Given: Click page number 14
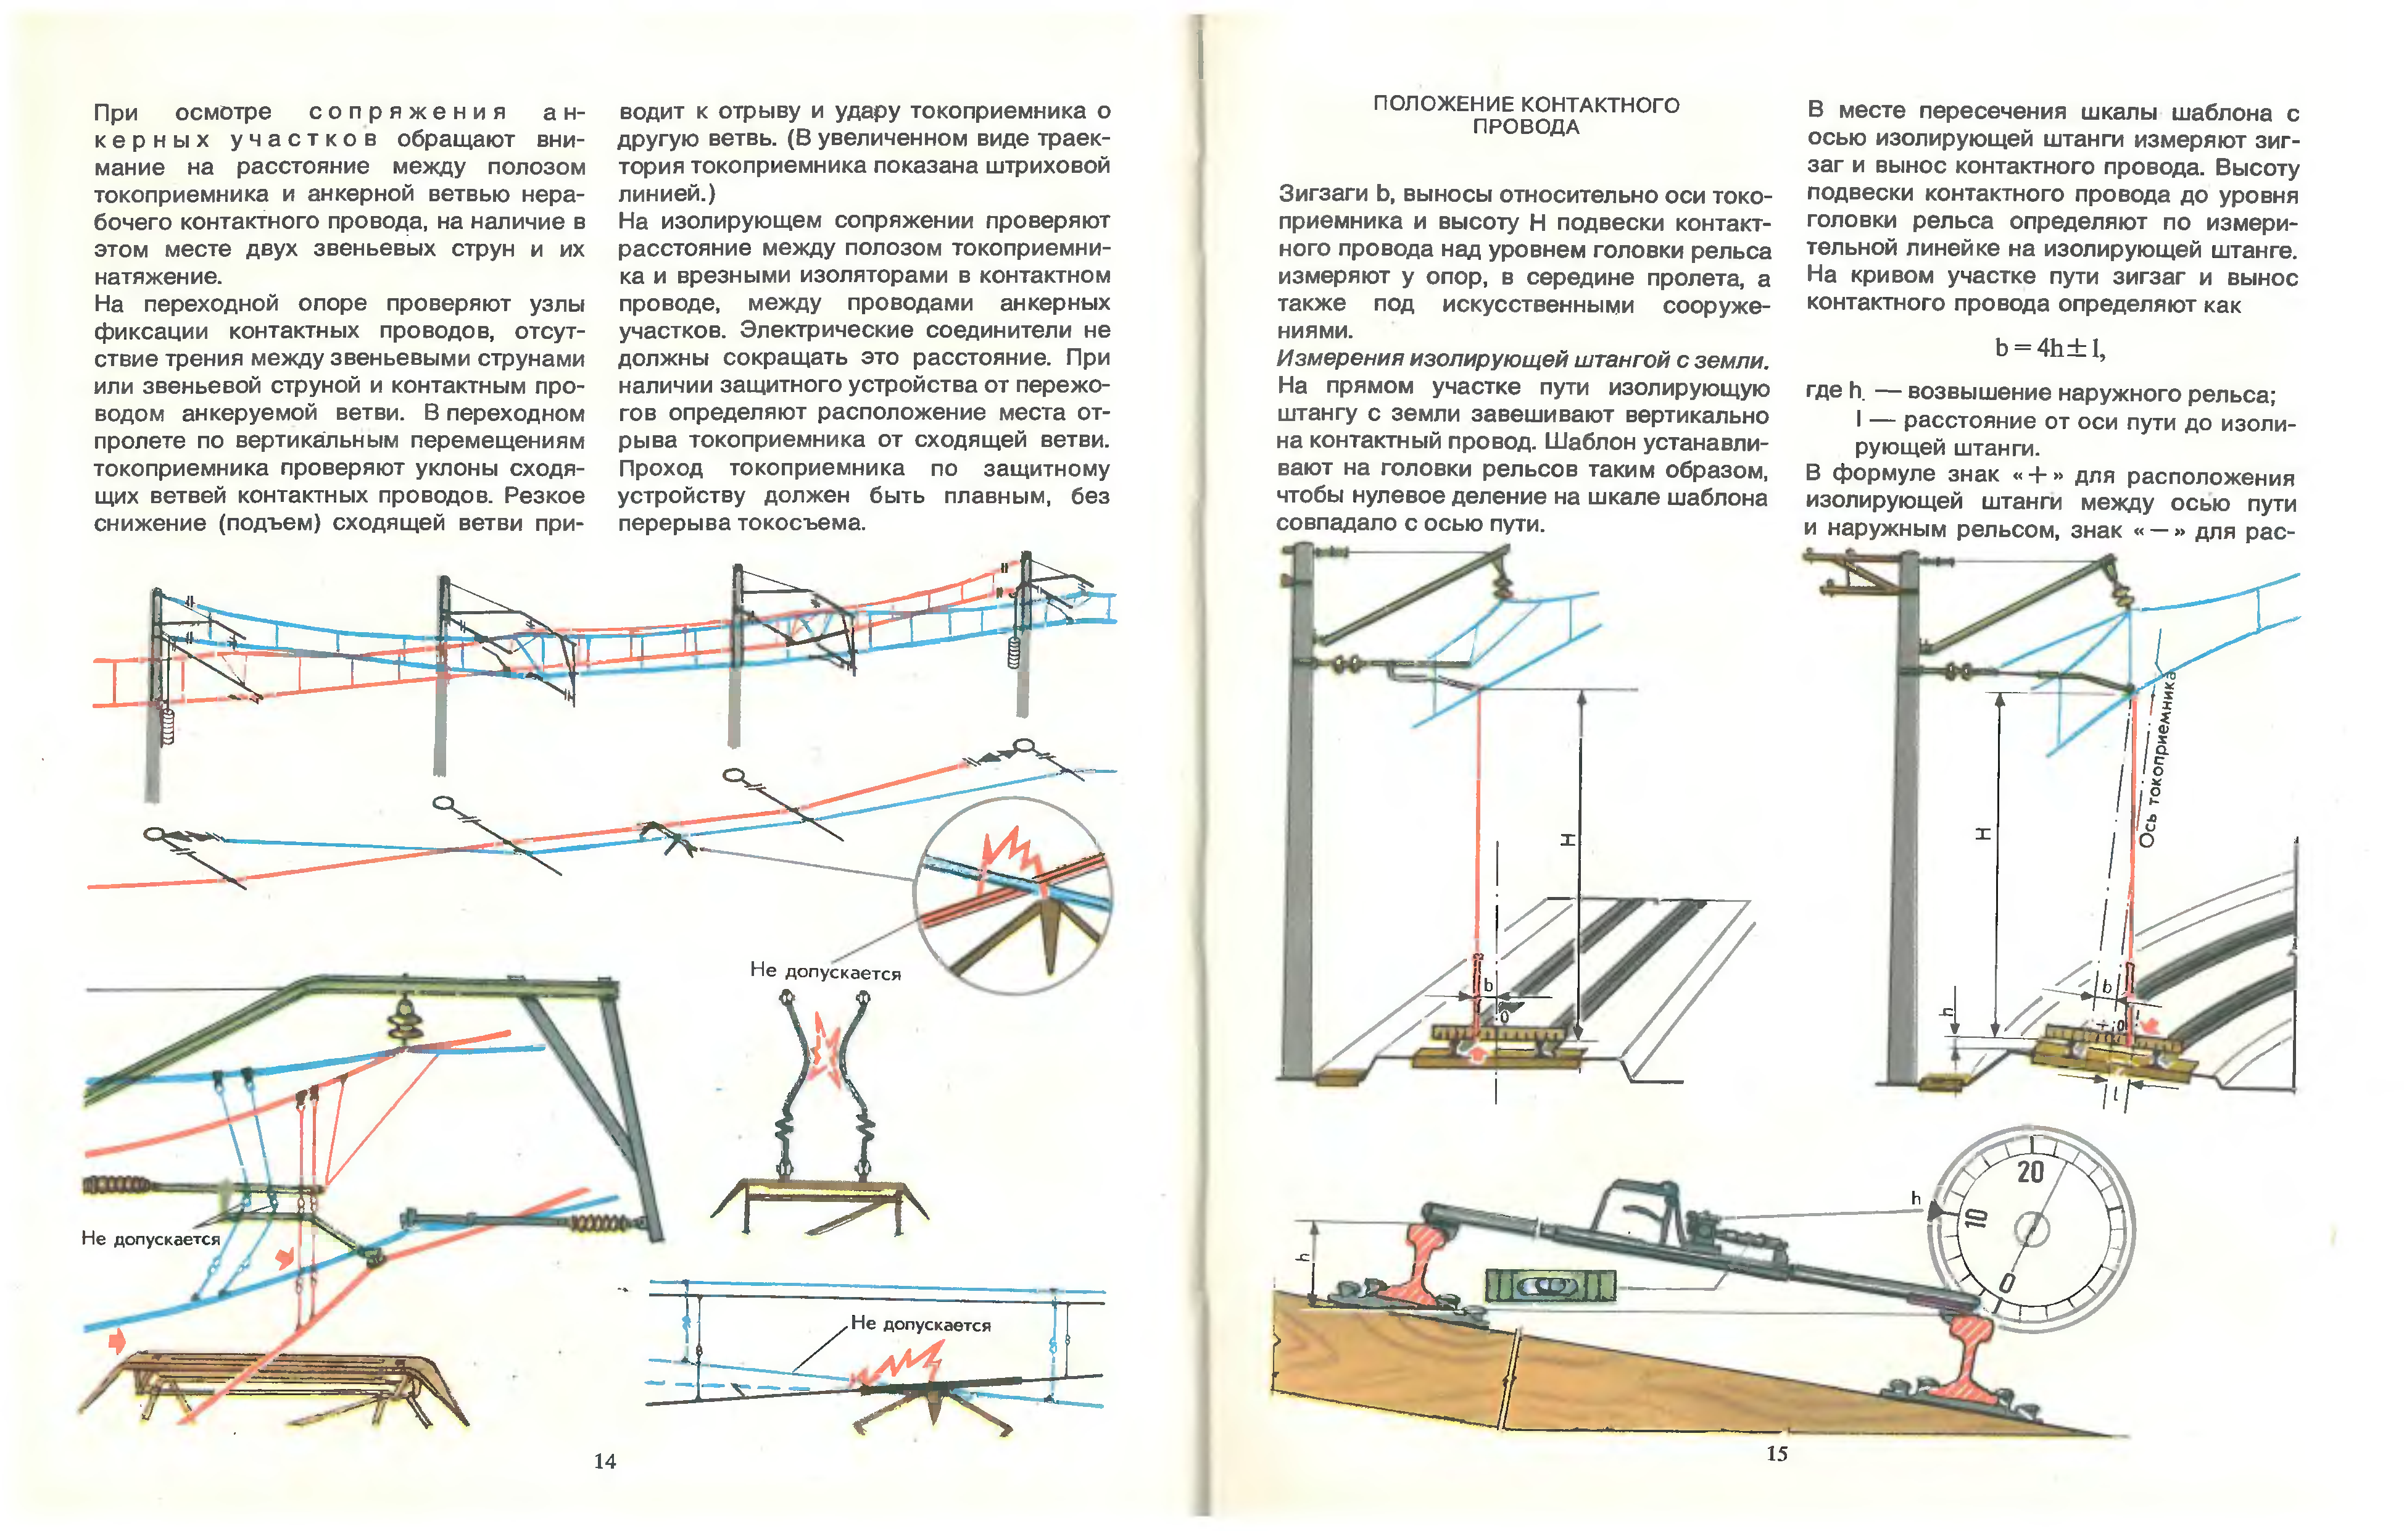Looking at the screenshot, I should tap(605, 1461).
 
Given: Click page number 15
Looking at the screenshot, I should tap(1777, 1453).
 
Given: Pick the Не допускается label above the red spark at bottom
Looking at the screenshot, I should tap(921, 1324).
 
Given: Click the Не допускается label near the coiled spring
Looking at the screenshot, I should tap(150, 1238).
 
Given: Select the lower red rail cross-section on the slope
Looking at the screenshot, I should tap(1958, 1360).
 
